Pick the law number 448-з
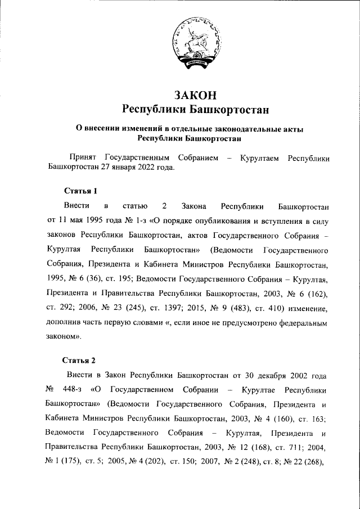point(72,389)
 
